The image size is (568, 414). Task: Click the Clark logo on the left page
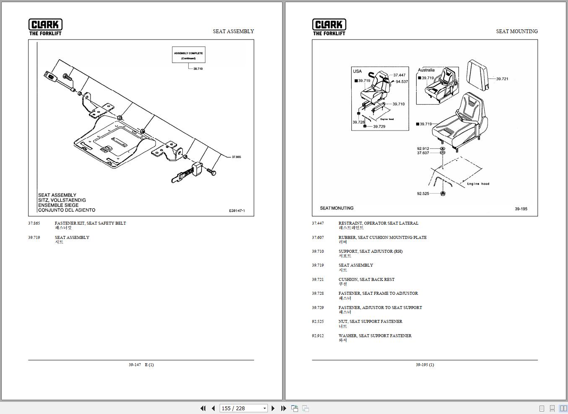click(x=45, y=27)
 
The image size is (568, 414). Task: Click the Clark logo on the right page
click(x=329, y=27)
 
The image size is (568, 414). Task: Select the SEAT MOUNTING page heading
click(x=516, y=31)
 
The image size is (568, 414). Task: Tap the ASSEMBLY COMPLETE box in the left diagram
click(x=189, y=55)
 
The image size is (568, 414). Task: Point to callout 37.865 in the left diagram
click(x=236, y=157)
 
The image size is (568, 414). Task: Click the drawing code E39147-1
click(x=237, y=211)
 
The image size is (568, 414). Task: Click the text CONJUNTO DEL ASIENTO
click(x=67, y=210)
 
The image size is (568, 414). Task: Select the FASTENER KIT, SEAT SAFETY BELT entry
click(x=90, y=223)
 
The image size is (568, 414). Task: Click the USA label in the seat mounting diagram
click(x=357, y=71)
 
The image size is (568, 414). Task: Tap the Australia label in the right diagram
click(x=426, y=70)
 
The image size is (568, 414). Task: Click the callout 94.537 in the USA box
click(x=402, y=82)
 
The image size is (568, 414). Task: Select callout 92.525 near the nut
click(x=423, y=194)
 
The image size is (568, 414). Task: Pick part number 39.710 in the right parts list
click(x=318, y=252)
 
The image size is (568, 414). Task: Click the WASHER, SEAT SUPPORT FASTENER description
click(x=375, y=336)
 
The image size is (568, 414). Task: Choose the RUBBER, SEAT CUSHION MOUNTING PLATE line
click(x=382, y=238)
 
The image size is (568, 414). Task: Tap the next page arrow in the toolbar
click(x=273, y=408)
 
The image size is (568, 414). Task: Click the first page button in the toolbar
click(x=203, y=408)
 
